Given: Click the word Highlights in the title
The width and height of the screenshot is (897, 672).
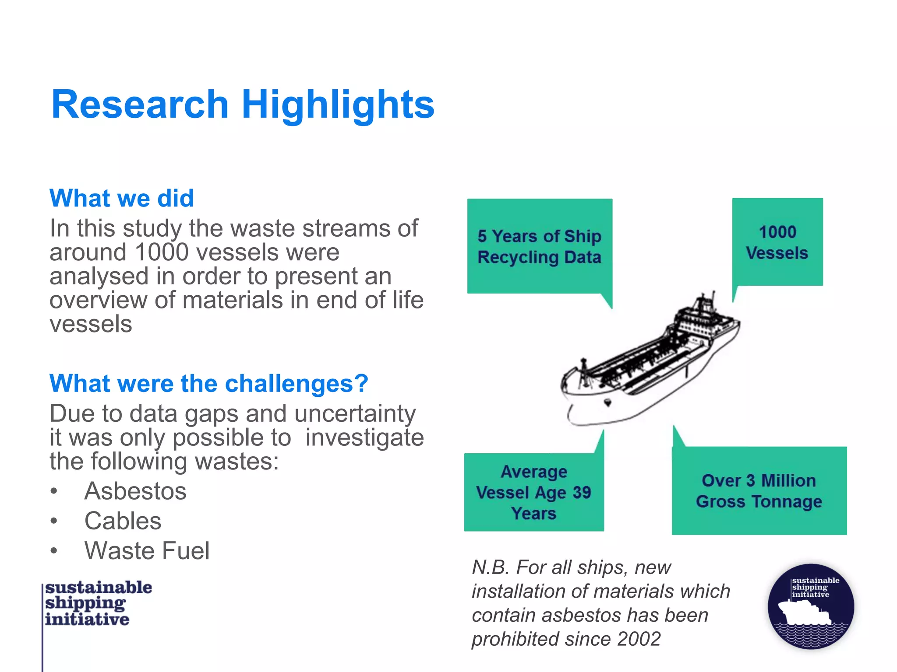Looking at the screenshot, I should [x=338, y=105].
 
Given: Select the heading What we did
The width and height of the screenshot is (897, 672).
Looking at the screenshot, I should [x=121, y=198].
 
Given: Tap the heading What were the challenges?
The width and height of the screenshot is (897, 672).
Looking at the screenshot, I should [x=208, y=384].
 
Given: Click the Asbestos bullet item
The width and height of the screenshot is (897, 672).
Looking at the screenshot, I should [x=135, y=491].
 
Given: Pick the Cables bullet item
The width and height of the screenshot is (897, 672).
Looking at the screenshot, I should [x=123, y=521].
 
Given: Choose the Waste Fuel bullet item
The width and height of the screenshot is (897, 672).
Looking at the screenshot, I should [x=147, y=550].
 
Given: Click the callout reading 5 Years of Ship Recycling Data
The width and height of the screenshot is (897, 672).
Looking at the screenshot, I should [x=539, y=246].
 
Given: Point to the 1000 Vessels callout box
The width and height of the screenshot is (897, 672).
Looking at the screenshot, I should [x=777, y=242].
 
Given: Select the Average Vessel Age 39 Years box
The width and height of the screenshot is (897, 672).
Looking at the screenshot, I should [x=533, y=492].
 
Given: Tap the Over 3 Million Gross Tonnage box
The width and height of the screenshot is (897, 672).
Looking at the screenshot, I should [x=759, y=491].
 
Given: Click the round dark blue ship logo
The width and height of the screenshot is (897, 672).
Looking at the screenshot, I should [x=811, y=606].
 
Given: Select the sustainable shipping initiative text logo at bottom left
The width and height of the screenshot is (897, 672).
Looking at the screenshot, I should [x=97, y=603].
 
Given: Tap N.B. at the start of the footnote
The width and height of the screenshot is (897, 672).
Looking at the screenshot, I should [x=490, y=567].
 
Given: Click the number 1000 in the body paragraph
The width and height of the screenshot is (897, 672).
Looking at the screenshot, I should [x=162, y=252].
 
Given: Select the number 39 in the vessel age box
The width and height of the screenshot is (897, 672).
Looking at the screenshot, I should [x=582, y=493].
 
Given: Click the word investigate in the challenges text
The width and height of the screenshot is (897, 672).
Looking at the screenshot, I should [x=364, y=438].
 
